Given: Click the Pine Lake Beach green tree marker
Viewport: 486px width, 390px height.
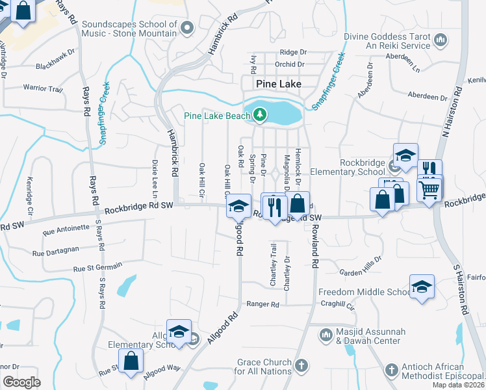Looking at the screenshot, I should click(261, 115).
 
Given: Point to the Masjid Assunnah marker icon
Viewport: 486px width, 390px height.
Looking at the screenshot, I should click(326, 335).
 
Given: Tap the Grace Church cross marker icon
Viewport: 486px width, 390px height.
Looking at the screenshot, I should click(300, 366).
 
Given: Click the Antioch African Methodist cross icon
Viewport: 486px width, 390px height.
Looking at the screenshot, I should click(390, 370).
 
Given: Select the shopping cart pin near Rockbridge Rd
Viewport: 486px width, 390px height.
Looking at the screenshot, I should click(429, 190).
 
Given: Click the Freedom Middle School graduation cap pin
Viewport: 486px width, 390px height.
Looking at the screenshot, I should click(421, 287).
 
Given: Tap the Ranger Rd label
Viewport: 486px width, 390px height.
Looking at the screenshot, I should click(262, 304).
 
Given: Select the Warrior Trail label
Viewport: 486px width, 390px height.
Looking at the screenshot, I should click(43, 87).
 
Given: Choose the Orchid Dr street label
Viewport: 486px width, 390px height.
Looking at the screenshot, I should click(290, 64).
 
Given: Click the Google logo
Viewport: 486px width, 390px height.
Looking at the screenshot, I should click(21, 382).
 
